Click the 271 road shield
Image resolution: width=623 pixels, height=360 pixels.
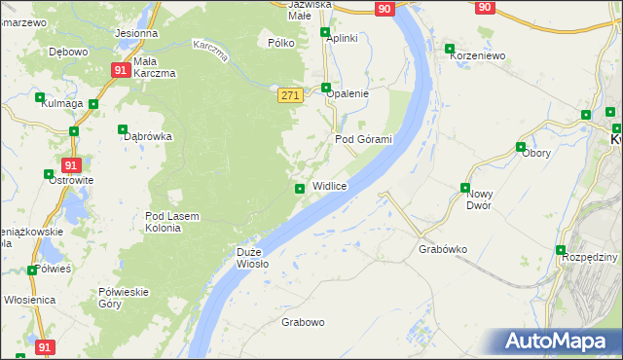[x=290, y=94]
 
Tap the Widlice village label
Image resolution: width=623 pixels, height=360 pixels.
[x=329, y=186]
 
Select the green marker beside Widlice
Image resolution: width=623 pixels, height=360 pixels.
[x=300, y=189]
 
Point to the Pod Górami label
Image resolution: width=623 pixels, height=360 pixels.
[x=363, y=139]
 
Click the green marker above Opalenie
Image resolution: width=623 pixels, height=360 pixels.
[x=326, y=87]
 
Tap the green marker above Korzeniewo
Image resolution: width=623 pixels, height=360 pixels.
[x=449, y=49]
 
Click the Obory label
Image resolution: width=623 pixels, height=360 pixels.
[x=536, y=153]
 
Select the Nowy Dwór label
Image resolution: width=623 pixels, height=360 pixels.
[x=480, y=199]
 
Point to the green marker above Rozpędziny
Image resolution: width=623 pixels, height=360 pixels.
[x=562, y=250]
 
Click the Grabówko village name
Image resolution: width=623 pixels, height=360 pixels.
[x=443, y=249]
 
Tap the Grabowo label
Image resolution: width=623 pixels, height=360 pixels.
[x=303, y=322]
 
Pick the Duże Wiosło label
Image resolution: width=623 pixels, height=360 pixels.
[x=252, y=258]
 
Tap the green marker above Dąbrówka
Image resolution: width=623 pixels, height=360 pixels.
[x=123, y=129]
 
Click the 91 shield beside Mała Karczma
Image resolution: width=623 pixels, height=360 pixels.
[x=120, y=70]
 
